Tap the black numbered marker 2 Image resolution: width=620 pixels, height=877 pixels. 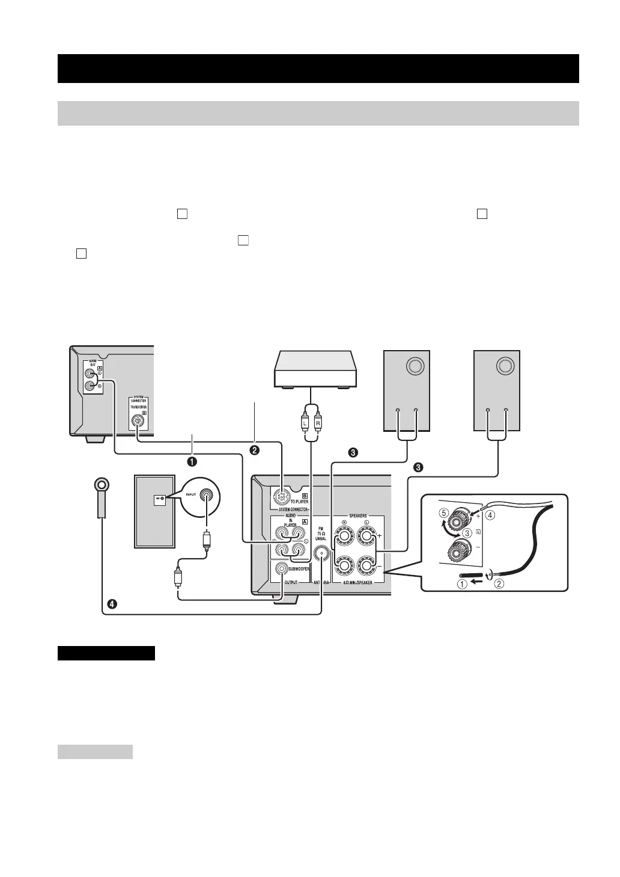point(255,449)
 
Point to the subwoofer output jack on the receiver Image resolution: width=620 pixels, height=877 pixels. point(281,568)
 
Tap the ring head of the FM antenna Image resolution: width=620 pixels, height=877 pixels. point(101,485)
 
